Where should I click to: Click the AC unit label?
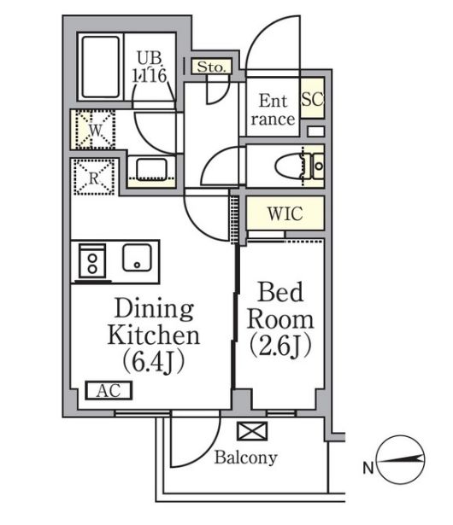coord(109,390)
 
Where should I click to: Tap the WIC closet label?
coord(285,213)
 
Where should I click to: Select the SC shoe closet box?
coord(313,98)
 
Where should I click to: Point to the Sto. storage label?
coord(211,67)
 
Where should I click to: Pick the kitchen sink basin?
coord(137,258)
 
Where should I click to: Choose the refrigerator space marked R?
coord(94,177)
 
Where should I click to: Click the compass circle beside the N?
coord(401,459)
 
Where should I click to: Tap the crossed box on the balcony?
coord(252,431)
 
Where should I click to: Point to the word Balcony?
coord(246,458)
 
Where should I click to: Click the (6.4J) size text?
coord(153,362)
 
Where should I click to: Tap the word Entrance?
coord(273,110)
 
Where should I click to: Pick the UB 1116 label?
coord(150,67)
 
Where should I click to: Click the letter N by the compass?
coord(368,468)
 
